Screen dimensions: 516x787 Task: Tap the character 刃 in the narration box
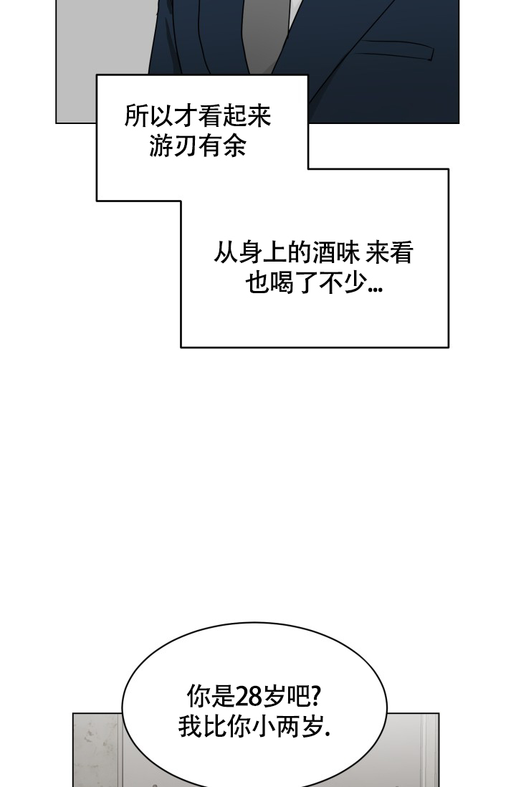(185, 146)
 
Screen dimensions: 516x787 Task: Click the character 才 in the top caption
(185, 116)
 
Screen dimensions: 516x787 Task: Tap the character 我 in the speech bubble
(190, 727)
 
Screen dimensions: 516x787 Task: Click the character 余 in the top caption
(234, 146)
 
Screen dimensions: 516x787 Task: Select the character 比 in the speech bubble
(215, 727)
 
